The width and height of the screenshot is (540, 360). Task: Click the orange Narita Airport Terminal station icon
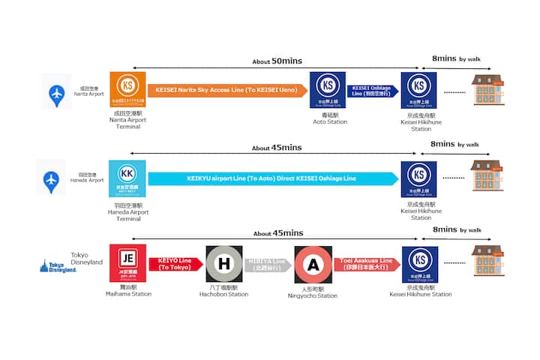click(127, 90)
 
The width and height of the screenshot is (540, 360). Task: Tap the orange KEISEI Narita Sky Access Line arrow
click(226, 91)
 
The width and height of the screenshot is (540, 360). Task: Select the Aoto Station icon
click(328, 90)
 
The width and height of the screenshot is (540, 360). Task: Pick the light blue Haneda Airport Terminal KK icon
click(127, 179)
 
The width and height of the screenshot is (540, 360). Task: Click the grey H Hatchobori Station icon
click(223, 264)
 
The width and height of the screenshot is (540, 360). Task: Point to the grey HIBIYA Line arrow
click(268, 264)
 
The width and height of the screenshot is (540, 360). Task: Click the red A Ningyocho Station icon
click(313, 264)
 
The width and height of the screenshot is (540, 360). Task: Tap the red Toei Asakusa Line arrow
click(367, 264)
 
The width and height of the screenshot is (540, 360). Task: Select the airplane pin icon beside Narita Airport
click(56, 91)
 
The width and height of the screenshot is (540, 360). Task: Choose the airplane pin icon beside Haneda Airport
click(51, 180)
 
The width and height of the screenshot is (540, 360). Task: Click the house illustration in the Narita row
click(487, 88)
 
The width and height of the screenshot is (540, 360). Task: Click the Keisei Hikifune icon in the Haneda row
click(419, 179)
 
